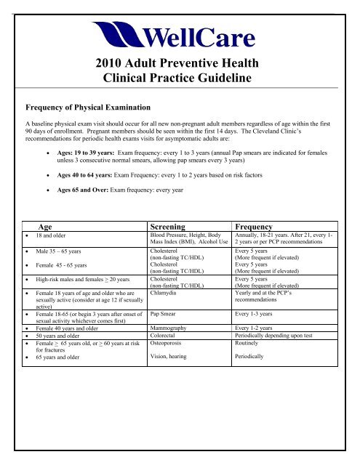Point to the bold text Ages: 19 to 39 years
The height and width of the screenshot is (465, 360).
click(x=100, y=153)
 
